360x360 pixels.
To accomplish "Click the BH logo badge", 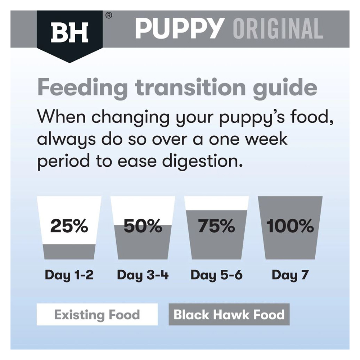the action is tap(69, 35).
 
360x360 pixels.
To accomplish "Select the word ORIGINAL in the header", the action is tap(278, 29).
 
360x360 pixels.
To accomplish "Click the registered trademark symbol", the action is tap(109, 15).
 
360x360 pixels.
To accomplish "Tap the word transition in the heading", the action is tap(190, 87).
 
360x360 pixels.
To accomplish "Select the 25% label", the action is tap(69, 226).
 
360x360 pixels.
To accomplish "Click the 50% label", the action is tap(143, 226).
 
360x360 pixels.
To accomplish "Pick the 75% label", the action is tap(216, 226).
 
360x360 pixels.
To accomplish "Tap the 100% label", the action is tap(290, 226).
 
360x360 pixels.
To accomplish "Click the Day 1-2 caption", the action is tap(69, 275).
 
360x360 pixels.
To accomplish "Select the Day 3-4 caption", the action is tap(143, 275).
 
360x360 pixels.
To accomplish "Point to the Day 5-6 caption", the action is tap(216, 275).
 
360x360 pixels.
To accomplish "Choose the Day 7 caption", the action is tap(290, 275).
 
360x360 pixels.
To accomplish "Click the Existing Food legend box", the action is tap(97, 314).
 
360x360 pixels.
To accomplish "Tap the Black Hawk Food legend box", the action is tap(229, 314).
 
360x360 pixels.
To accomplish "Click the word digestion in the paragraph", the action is tap(202, 162).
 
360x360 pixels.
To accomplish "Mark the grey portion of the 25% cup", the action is tap(69, 252).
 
